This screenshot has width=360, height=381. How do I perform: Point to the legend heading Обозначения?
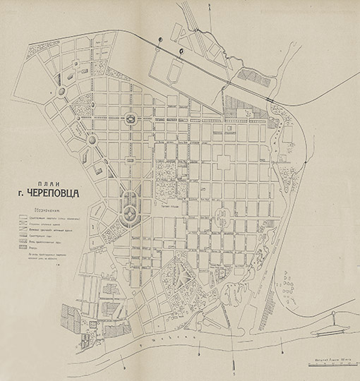coord(41,210)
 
